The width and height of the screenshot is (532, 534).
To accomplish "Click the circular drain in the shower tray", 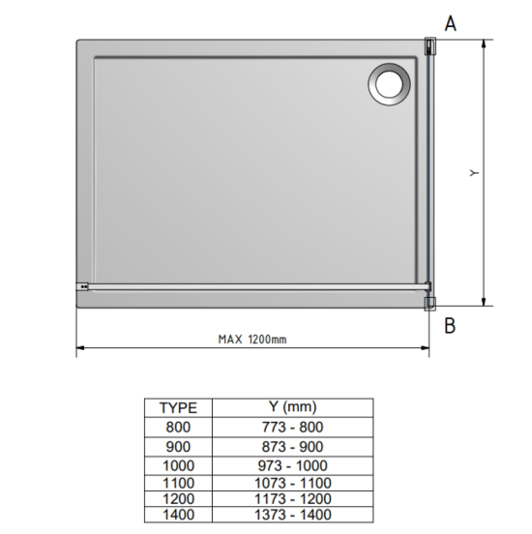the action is pos(389,84).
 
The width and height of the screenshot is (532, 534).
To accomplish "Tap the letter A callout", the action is pos(450,23).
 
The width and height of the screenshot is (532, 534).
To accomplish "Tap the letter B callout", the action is pos(450,326).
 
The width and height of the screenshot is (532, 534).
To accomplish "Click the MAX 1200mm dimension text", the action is pos(252,340).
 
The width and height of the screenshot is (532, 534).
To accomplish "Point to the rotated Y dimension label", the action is pos(474,173).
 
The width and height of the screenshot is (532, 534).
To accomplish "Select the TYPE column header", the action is pos(179,408).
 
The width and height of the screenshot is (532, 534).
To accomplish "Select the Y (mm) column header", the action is pos(292,406).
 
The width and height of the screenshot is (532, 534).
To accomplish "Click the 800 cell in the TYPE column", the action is pos(178,427).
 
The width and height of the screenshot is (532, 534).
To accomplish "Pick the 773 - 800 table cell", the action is pos(292,427).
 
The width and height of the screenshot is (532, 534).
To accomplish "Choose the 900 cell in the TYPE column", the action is pos(178,447).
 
